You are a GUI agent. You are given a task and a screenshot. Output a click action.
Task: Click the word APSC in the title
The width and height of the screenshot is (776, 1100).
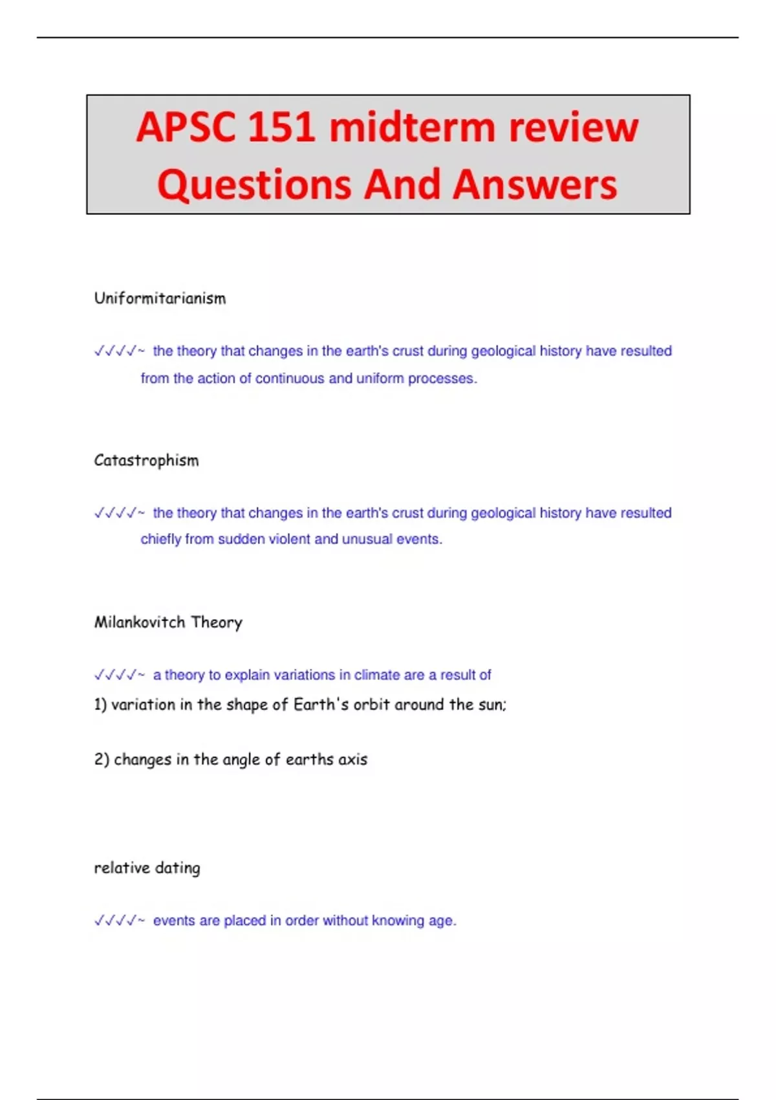click(186, 127)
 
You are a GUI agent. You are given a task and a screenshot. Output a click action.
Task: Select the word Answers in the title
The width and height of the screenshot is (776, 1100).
click(535, 184)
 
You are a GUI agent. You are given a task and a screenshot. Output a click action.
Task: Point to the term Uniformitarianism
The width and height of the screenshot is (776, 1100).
click(160, 298)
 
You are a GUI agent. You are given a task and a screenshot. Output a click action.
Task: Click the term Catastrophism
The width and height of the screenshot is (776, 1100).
click(146, 460)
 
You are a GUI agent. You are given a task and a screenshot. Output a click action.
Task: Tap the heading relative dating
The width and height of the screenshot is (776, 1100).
click(147, 868)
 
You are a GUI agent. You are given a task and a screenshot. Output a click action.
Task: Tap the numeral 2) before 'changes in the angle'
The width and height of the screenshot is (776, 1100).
click(102, 759)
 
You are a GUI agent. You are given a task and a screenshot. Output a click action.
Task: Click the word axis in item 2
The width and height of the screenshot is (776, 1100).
click(353, 759)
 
